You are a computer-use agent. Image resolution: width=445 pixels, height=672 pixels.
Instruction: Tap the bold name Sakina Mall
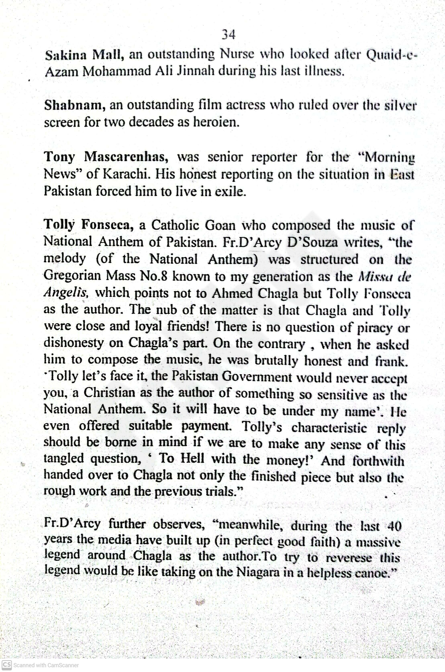84,55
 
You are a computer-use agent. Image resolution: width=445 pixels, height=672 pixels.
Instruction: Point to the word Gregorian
72,276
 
